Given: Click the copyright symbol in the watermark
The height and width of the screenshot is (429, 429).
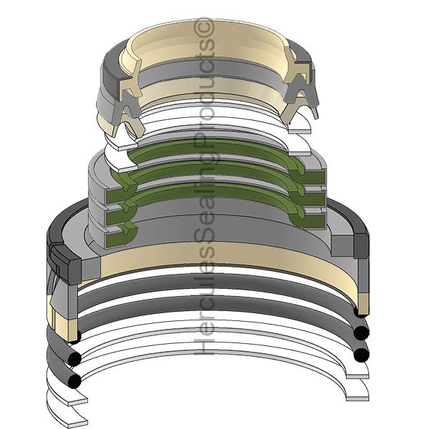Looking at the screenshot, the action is pos(204,27).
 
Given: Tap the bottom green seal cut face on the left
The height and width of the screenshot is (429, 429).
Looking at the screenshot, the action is pos(120,237).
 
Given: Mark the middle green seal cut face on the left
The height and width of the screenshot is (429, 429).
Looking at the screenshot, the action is pos(120,214).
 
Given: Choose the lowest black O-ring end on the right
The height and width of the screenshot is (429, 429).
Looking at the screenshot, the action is pos(361,355).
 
